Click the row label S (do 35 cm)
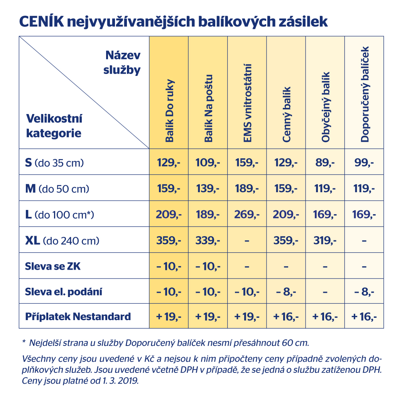coord(54,163)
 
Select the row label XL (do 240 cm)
coord(62,241)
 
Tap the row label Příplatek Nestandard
coord(78,317)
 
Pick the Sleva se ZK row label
coord(53,266)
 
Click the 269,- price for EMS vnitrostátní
coord(247,214)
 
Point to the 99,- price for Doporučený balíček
coord(364,163)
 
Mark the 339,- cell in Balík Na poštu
coord(208,241)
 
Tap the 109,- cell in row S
coord(208,163)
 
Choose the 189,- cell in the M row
coord(247,189)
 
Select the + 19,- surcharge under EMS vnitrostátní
coord(247,317)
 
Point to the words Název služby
coord(122,63)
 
